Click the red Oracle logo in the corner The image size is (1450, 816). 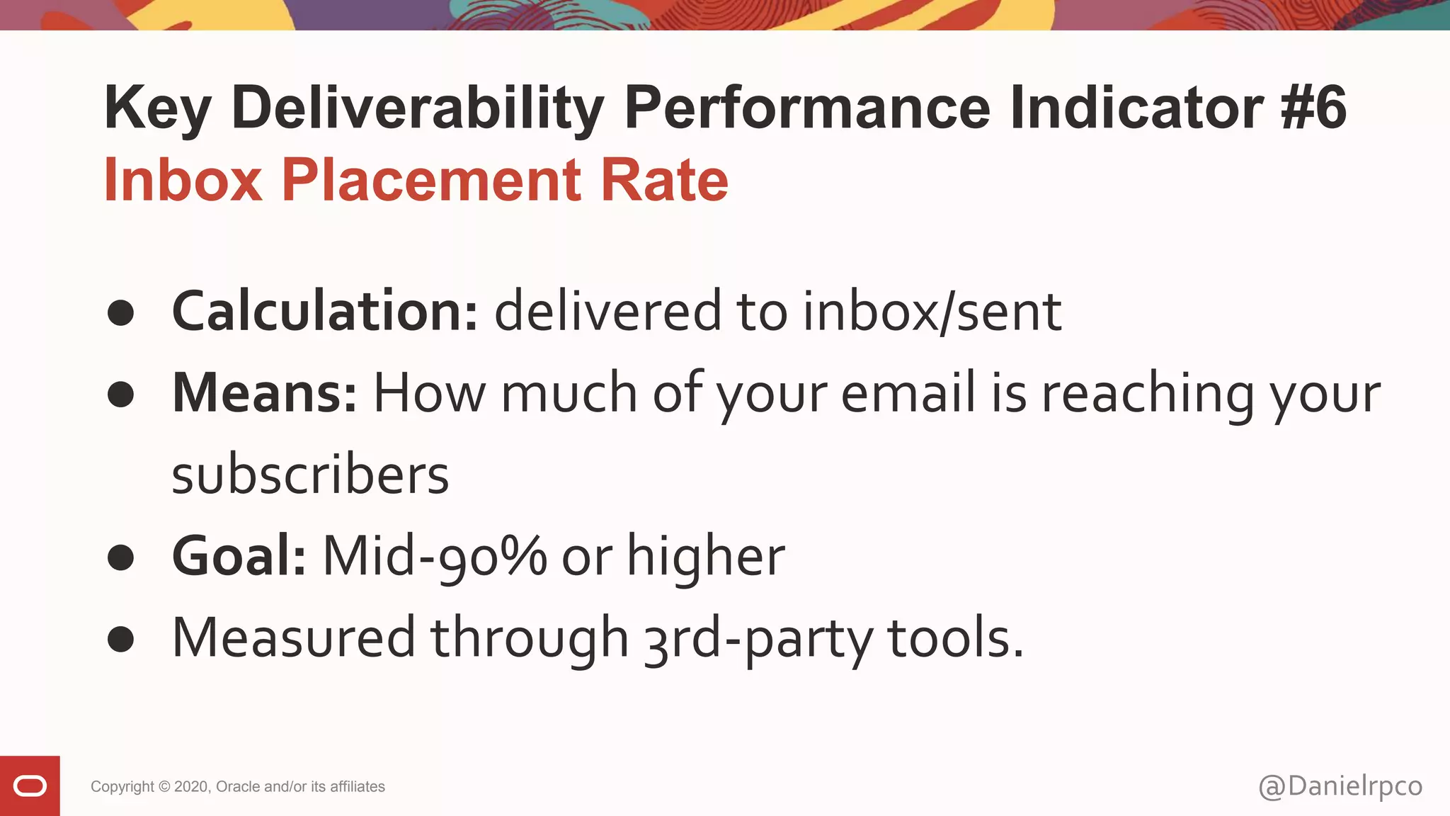(x=30, y=786)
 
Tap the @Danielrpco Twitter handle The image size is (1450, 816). (x=1340, y=786)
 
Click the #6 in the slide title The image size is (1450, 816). (x=1313, y=108)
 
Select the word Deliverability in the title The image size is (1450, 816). (x=418, y=108)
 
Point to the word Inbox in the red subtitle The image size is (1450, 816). (x=183, y=180)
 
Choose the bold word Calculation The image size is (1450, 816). (x=325, y=312)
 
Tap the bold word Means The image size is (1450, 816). (x=265, y=393)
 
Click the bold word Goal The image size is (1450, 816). (x=239, y=556)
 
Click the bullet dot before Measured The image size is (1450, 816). (x=121, y=639)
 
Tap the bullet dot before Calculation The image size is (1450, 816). (x=121, y=313)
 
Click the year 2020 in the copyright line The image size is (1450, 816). (x=190, y=786)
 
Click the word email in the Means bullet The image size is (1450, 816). (x=908, y=393)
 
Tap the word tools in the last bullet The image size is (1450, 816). (x=955, y=638)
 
